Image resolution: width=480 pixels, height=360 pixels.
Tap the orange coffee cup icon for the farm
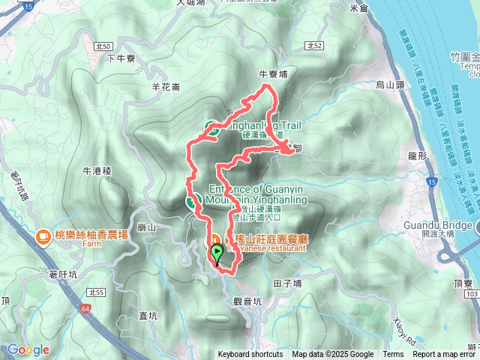pos(42,235)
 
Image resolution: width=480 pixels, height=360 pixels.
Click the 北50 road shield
pos(103,46)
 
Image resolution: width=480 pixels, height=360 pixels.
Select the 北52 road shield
pos(315,46)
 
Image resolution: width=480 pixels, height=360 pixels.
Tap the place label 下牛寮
pos(120,58)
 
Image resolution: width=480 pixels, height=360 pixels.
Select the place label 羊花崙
pos(166,87)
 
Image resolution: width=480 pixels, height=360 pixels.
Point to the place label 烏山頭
pos(389,85)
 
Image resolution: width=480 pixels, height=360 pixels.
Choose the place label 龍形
pos(417,155)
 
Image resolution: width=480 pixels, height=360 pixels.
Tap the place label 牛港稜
pos(97,171)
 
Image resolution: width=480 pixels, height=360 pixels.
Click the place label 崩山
pos(147,226)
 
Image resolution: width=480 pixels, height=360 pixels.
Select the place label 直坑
pos(148,316)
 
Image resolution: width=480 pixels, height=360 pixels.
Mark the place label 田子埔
pos(287,283)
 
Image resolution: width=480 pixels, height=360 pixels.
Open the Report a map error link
pos(445,355)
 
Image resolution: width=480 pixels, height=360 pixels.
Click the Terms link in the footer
pos(393,355)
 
